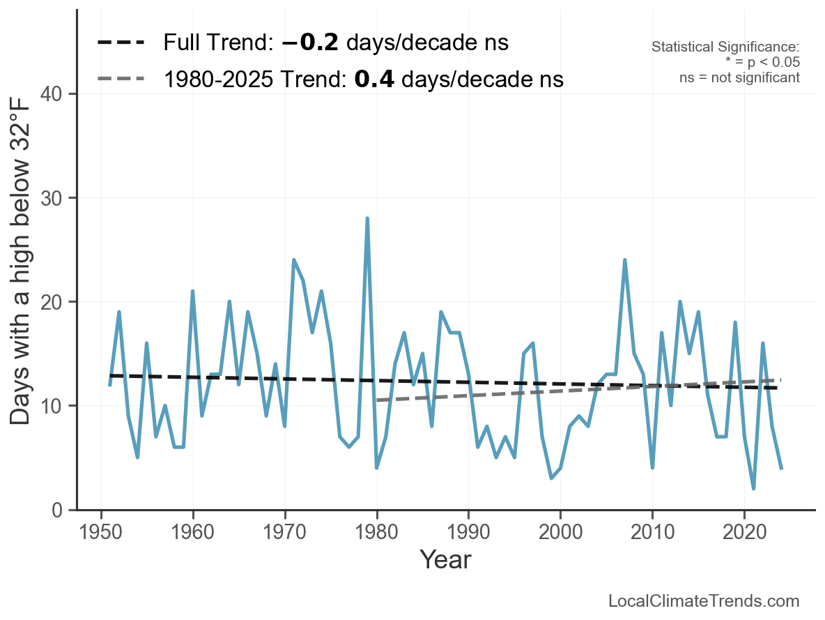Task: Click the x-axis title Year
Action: point(445,560)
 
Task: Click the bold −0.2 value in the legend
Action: point(310,43)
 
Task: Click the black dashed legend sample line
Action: point(121,43)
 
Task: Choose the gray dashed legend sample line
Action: point(121,79)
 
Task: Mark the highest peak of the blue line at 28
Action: point(367,218)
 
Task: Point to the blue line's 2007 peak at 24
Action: point(625,260)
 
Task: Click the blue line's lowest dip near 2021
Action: point(754,489)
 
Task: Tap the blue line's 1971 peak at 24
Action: point(294,260)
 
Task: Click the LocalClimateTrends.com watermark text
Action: point(704,601)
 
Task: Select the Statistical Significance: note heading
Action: point(725,47)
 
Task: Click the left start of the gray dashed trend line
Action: point(377,400)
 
